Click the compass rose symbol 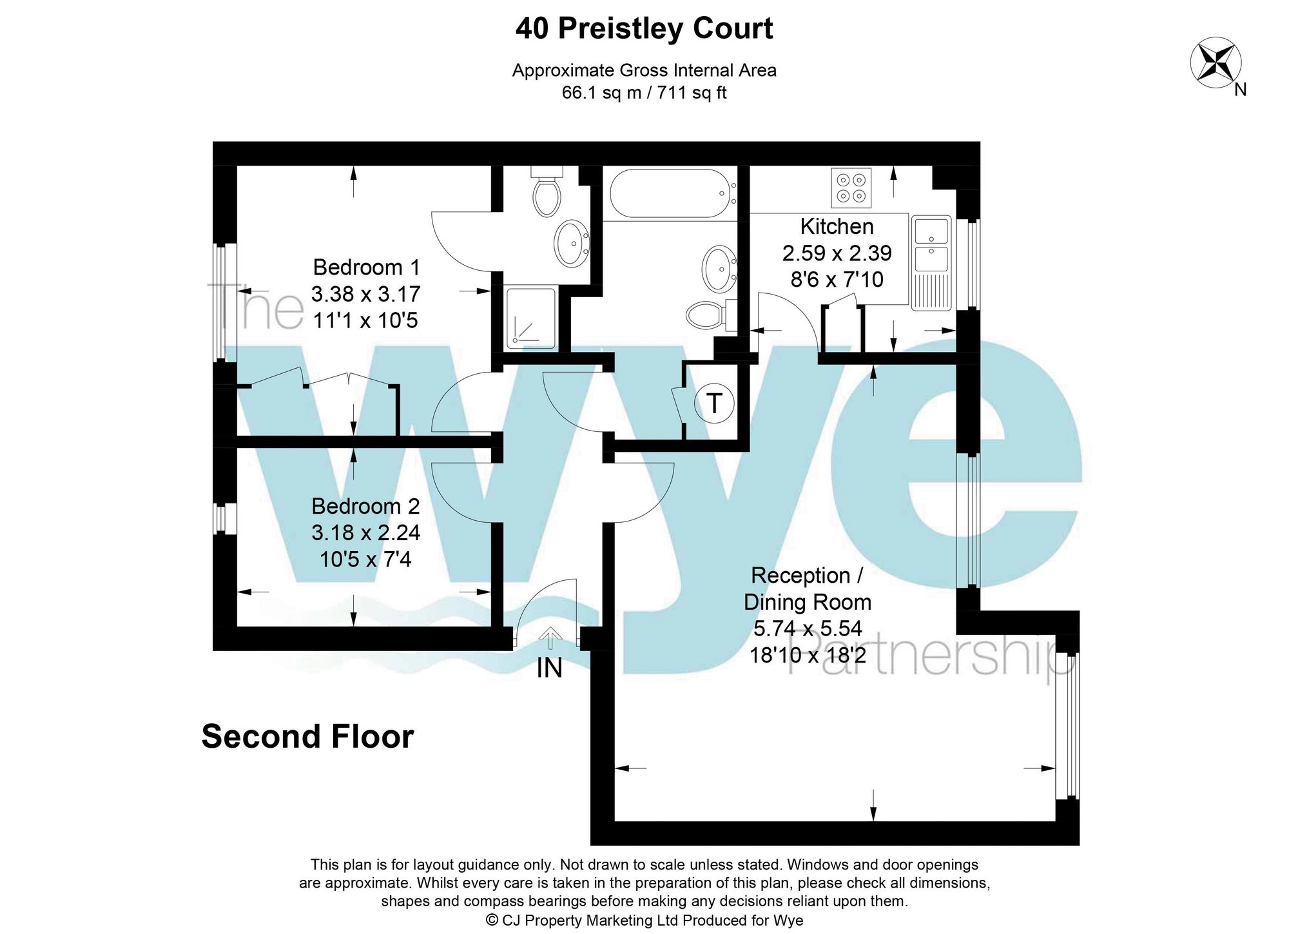1215,63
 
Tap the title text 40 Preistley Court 644,29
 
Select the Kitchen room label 837,226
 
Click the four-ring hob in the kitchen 851,188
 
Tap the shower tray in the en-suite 530,318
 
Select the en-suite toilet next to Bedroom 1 547,193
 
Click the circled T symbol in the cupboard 714,404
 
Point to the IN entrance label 550,668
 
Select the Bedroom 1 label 366,267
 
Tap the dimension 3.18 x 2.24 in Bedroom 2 365,532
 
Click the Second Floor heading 307,736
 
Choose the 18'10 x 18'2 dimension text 808,655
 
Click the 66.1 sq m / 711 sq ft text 644,93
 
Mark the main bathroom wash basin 719,268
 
